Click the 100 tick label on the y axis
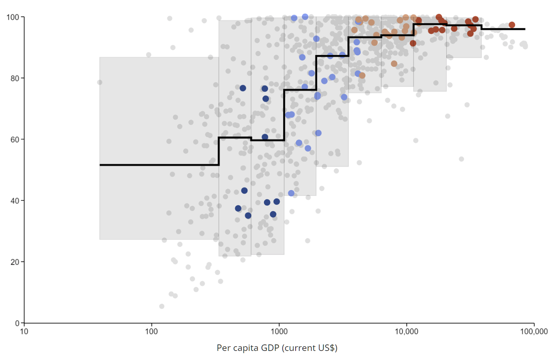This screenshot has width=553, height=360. [x=13, y=17]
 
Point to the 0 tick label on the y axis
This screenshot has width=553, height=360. [x=17, y=323]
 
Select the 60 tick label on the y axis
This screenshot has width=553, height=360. [x=15, y=139]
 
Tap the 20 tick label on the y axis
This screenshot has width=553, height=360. [x=15, y=262]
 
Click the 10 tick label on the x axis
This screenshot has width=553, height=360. [x=24, y=332]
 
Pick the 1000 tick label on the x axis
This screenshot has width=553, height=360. [x=279, y=332]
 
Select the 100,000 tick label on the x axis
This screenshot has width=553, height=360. [x=534, y=332]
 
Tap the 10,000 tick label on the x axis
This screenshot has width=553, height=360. [x=406, y=332]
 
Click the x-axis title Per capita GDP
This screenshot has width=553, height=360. [x=277, y=348]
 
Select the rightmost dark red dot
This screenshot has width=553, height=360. [x=512, y=25]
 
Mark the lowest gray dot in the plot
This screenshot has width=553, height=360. [x=161, y=306]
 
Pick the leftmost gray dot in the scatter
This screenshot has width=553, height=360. [x=100, y=82]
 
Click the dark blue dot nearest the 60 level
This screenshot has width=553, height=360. [x=265, y=137]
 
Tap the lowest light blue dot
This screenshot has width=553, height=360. [x=291, y=193]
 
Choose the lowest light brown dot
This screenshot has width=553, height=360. [x=362, y=75]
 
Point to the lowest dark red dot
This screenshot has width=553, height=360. [x=413, y=43]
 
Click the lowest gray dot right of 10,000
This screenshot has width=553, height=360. [x=461, y=159]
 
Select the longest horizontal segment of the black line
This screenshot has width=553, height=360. [x=159, y=165]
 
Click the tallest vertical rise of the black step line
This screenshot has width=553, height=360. [x=284, y=115]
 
